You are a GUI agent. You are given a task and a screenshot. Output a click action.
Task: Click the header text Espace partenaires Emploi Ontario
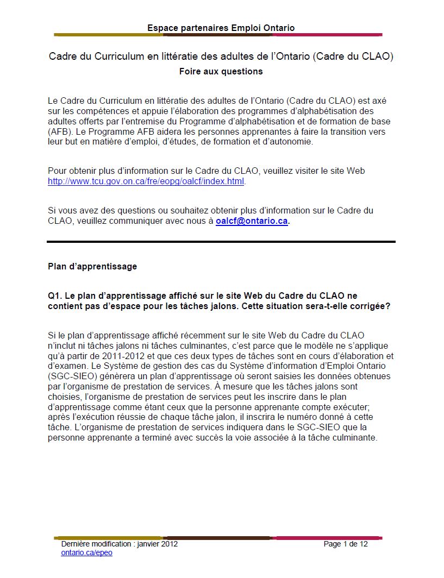coord(221,28)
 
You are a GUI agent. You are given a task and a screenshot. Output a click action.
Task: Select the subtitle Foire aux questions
coord(221,71)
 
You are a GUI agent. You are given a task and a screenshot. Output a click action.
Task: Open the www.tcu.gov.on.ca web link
coord(146,181)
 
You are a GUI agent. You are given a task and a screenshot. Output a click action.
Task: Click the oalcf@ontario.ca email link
coord(252,221)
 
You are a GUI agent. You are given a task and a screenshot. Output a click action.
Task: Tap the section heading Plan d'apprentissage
coord(92,266)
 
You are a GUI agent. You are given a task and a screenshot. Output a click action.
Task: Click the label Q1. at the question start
coord(55,296)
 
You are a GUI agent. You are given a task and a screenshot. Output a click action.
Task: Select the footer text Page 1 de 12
coord(346,544)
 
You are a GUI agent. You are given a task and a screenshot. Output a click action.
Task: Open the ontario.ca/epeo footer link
coord(86,552)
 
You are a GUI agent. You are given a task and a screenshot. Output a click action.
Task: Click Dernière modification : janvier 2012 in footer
coord(119,544)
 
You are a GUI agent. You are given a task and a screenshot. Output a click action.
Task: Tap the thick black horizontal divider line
coord(221,241)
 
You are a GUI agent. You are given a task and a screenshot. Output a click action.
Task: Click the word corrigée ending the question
coord(372,306)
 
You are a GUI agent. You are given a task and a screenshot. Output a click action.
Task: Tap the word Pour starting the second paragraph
coord(58,171)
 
